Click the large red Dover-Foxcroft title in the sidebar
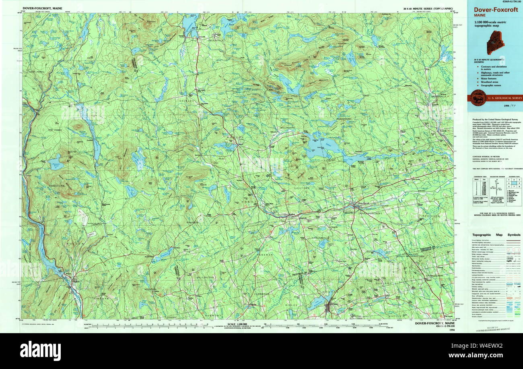[x=494, y=10]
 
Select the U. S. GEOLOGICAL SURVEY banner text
[x=504, y=98]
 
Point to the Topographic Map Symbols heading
[x=496, y=235]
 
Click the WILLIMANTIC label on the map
[x=288, y=127]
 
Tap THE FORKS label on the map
[x=56, y=130]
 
